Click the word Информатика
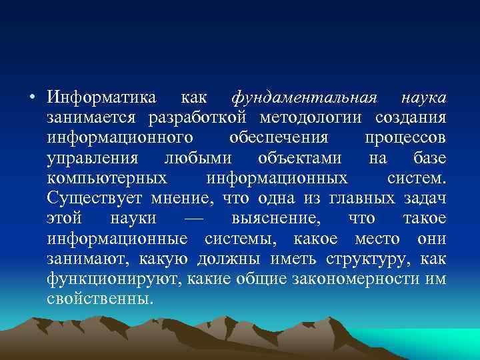click(x=102, y=98)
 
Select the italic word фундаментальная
click(x=305, y=98)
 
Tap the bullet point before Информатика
click(x=32, y=99)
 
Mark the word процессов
click(x=405, y=139)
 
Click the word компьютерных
click(x=107, y=179)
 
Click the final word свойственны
click(x=100, y=298)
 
